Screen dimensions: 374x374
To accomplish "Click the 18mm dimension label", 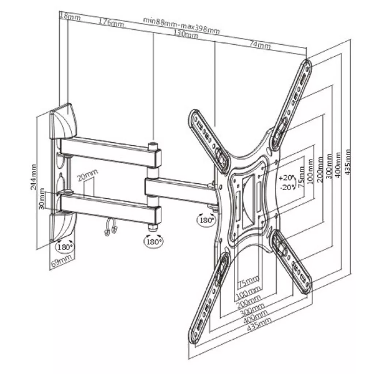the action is tap(70, 16).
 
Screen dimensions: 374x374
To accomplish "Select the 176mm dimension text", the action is tap(111, 22).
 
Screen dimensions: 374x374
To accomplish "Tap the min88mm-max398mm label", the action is tap(181, 25).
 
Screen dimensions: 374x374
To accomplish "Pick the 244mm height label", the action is tap(34, 177).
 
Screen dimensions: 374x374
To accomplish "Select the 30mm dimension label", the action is tap(42, 199).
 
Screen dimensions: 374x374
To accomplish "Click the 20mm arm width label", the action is tap(88, 176).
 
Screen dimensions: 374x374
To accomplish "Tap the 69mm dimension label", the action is tap(61, 262).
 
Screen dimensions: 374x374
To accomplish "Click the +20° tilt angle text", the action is tap(286, 178).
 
